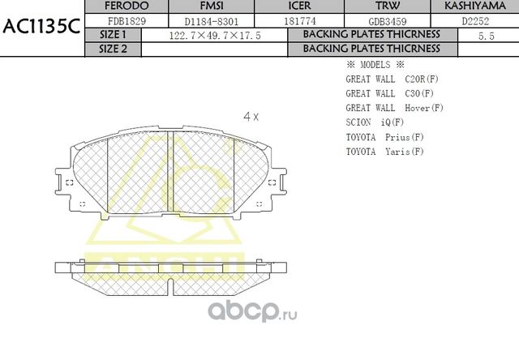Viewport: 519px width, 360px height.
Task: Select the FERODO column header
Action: click(125, 6)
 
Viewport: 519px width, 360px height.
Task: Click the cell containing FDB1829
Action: click(125, 21)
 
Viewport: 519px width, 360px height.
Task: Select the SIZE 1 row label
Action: click(113, 35)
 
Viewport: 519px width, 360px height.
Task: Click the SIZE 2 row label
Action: click(113, 49)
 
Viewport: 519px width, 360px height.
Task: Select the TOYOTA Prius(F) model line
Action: click(384, 136)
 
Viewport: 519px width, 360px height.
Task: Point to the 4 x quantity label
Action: click(251, 116)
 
